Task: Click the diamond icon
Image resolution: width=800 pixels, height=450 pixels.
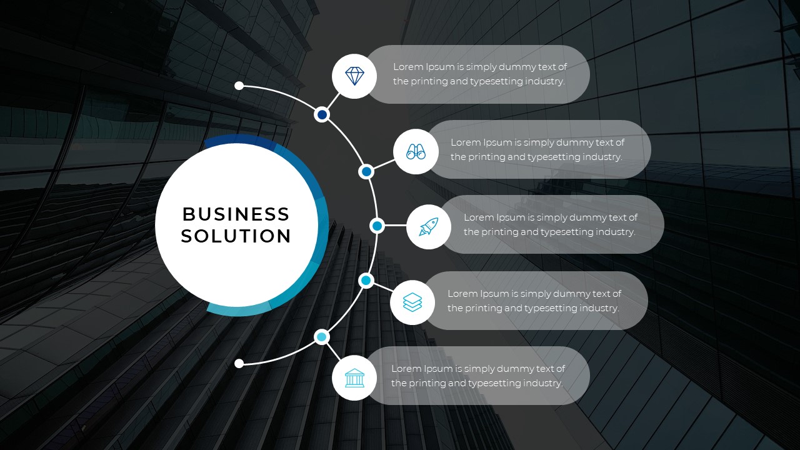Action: click(354, 76)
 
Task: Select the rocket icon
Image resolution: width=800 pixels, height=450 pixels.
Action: click(429, 226)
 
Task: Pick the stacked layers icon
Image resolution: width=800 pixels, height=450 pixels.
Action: click(412, 302)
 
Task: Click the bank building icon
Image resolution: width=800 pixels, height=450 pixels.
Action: click(354, 377)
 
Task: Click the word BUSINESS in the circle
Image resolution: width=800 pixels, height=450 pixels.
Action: click(236, 214)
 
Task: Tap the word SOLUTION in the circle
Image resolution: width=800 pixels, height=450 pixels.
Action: click(236, 236)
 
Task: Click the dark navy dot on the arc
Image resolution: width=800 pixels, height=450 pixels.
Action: click(322, 114)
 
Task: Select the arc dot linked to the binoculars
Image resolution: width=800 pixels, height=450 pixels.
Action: click(367, 171)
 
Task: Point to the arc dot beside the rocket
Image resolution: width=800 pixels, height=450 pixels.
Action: click(377, 226)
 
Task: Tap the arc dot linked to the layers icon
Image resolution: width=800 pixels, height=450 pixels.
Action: click(366, 281)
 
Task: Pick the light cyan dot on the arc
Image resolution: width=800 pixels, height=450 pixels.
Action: click(321, 337)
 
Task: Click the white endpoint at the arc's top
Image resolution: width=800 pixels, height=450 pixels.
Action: click(239, 86)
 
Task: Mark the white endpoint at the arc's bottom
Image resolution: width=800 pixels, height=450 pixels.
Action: click(239, 363)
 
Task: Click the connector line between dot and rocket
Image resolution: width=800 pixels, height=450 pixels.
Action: click(395, 226)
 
